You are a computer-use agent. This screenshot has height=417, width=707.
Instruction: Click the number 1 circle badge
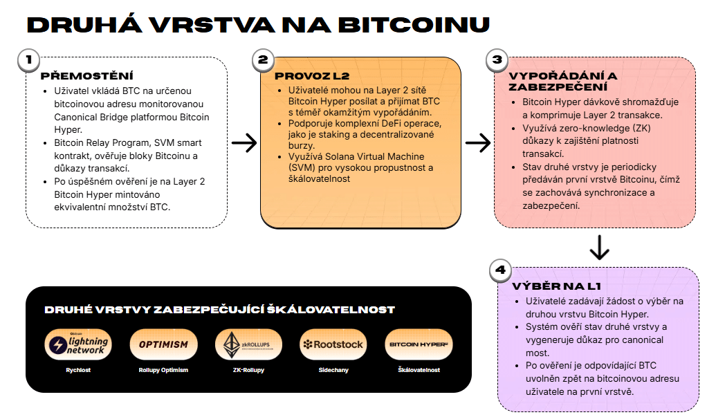point(29,60)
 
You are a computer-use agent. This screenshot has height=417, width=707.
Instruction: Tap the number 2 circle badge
point(263,60)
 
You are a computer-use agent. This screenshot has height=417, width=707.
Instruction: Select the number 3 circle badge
point(497,60)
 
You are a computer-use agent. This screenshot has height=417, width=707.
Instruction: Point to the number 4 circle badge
point(500,270)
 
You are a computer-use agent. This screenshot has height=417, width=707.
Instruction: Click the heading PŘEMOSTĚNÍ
point(87,76)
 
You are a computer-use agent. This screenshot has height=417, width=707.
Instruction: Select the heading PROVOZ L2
point(312,76)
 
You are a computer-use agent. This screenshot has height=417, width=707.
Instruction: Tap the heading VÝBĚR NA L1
point(556,286)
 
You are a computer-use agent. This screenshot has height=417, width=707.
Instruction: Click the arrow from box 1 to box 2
point(244,143)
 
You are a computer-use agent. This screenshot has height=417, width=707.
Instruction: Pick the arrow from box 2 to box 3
point(478,143)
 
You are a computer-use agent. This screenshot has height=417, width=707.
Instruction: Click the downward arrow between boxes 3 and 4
point(599,247)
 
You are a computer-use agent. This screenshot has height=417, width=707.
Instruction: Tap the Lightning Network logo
point(78,345)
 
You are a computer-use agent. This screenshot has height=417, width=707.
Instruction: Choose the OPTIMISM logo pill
point(163,345)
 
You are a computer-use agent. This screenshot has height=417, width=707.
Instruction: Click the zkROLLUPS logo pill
point(248,345)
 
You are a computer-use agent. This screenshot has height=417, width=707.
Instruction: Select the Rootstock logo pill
point(333,345)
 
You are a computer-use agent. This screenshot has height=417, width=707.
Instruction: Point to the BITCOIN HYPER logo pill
point(419,345)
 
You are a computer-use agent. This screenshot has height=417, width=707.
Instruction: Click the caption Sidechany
point(333,370)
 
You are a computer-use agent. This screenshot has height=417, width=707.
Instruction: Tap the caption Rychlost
point(78,370)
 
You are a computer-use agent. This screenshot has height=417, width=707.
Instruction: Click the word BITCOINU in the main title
point(414,25)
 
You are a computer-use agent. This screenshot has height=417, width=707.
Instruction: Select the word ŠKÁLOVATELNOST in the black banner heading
point(331,310)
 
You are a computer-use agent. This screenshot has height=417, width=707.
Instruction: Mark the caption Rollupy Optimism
point(163,370)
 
